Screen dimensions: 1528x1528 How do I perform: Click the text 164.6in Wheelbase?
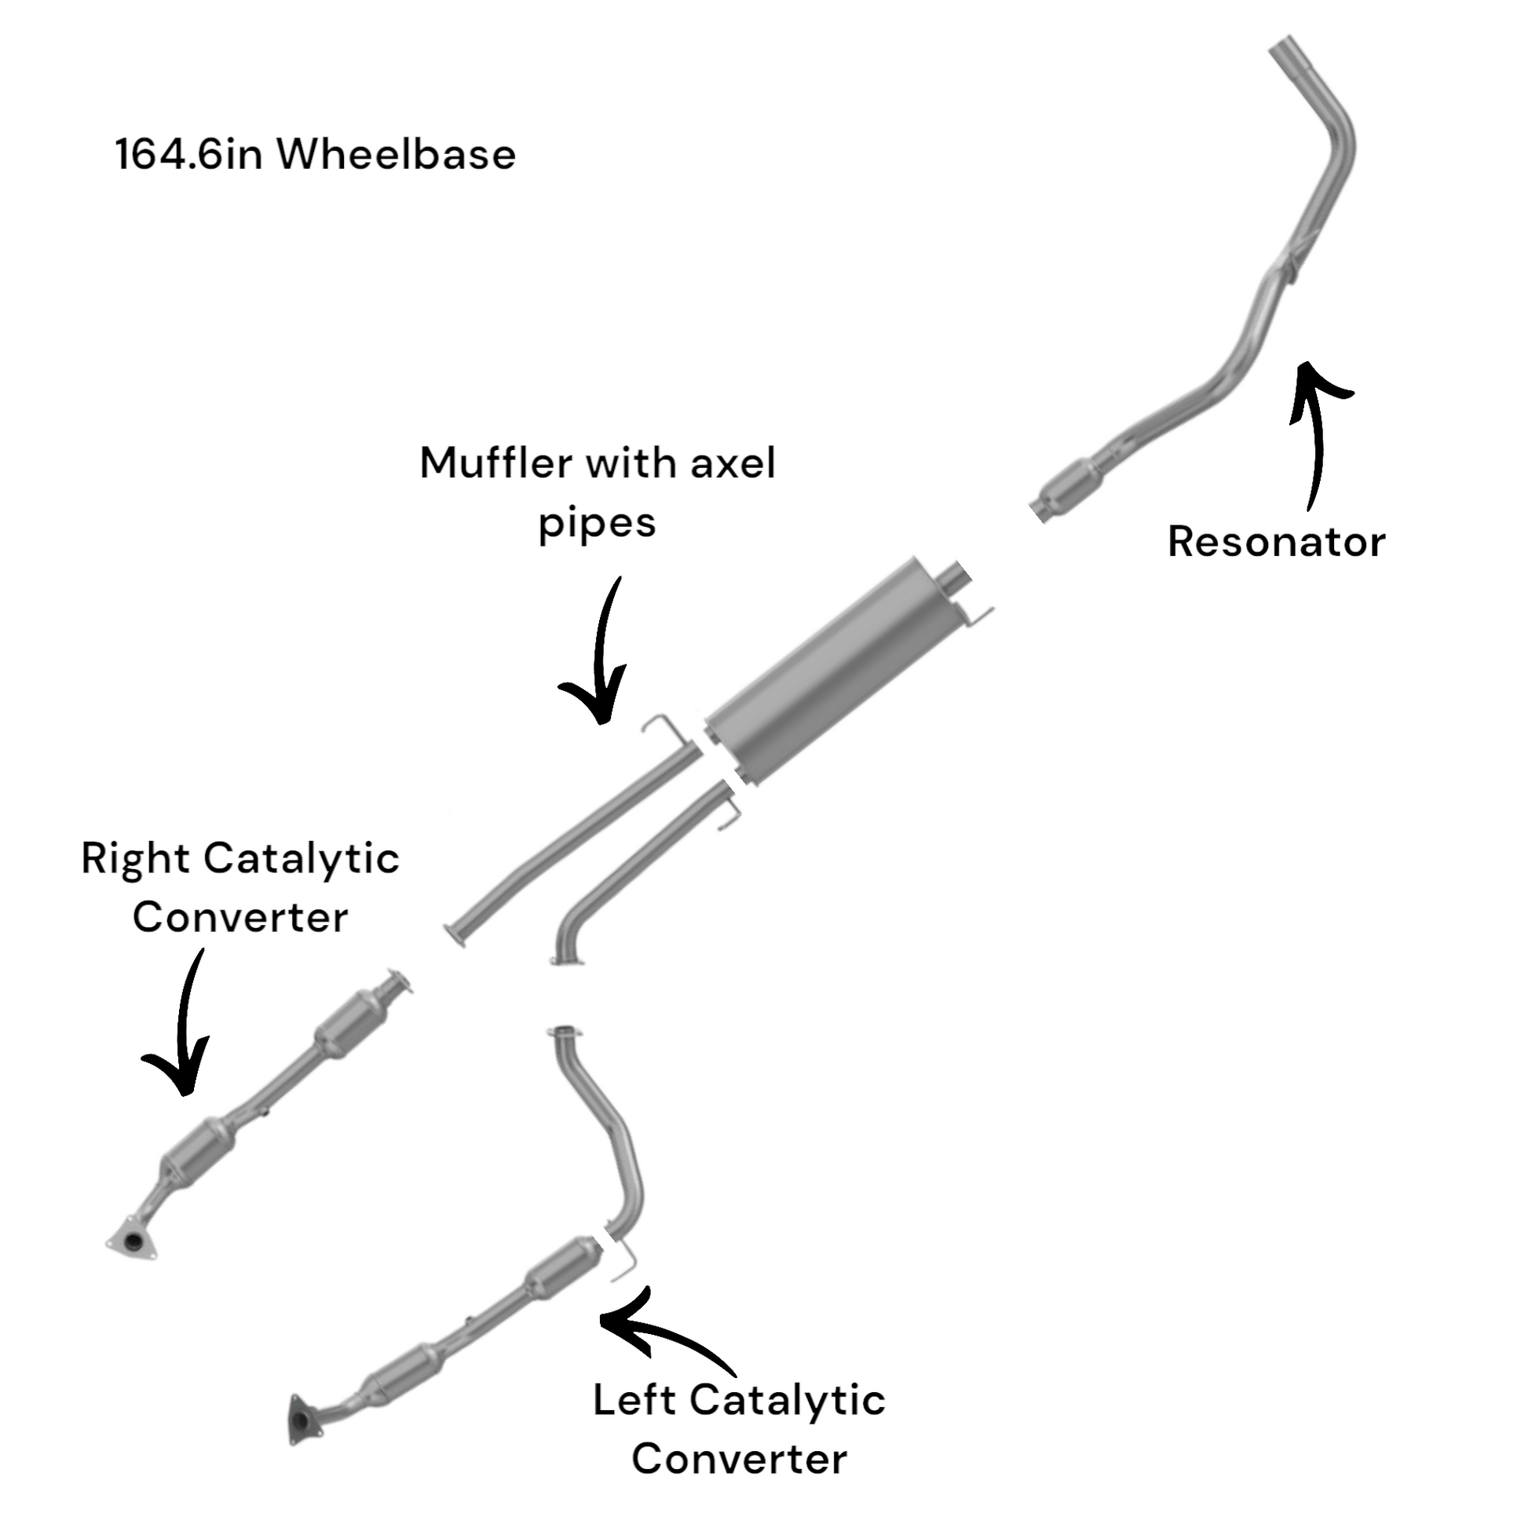pos(315,153)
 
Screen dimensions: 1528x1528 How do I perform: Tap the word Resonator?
pos(1276,542)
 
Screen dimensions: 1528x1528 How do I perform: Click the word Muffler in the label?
pos(495,462)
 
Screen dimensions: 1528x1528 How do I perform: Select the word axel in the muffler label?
pos(733,462)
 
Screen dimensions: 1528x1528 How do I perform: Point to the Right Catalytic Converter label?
pos(239,887)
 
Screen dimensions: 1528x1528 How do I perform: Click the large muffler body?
pos(823,674)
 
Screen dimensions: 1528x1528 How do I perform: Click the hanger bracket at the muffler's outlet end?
pos(976,613)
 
